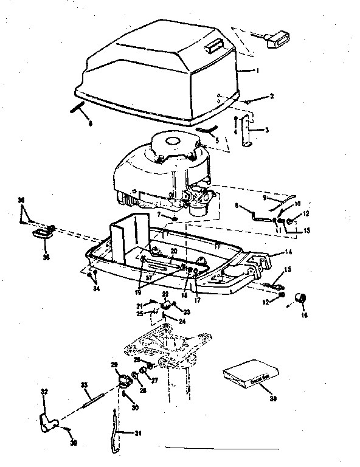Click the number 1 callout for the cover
coord(257,71)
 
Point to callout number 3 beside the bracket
coord(266,129)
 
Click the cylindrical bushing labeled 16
coord(299,298)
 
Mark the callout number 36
coord(21,201)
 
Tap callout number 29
coord(114,364)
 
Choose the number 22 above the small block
coord(164,294)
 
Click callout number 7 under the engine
coord(159,216)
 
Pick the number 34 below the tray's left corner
coord(95,288)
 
